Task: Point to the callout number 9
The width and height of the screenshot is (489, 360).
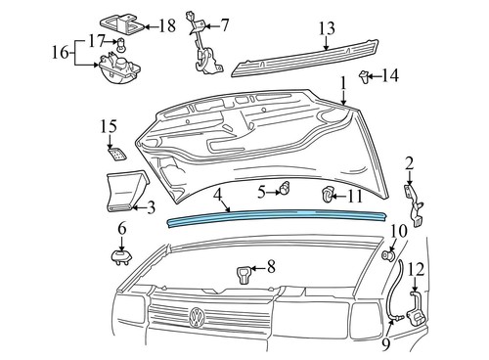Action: coord(386,343)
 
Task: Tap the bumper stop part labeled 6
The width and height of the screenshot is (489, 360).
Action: coord(122,256)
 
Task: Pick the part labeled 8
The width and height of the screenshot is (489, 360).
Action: coord(244,271)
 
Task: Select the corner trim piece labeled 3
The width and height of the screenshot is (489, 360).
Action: coord(123,190)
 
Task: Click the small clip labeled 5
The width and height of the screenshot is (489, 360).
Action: coord(288,186)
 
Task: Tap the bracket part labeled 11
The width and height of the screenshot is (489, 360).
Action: coord(330,198)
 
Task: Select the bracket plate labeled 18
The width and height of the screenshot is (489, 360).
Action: coord(121,23)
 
